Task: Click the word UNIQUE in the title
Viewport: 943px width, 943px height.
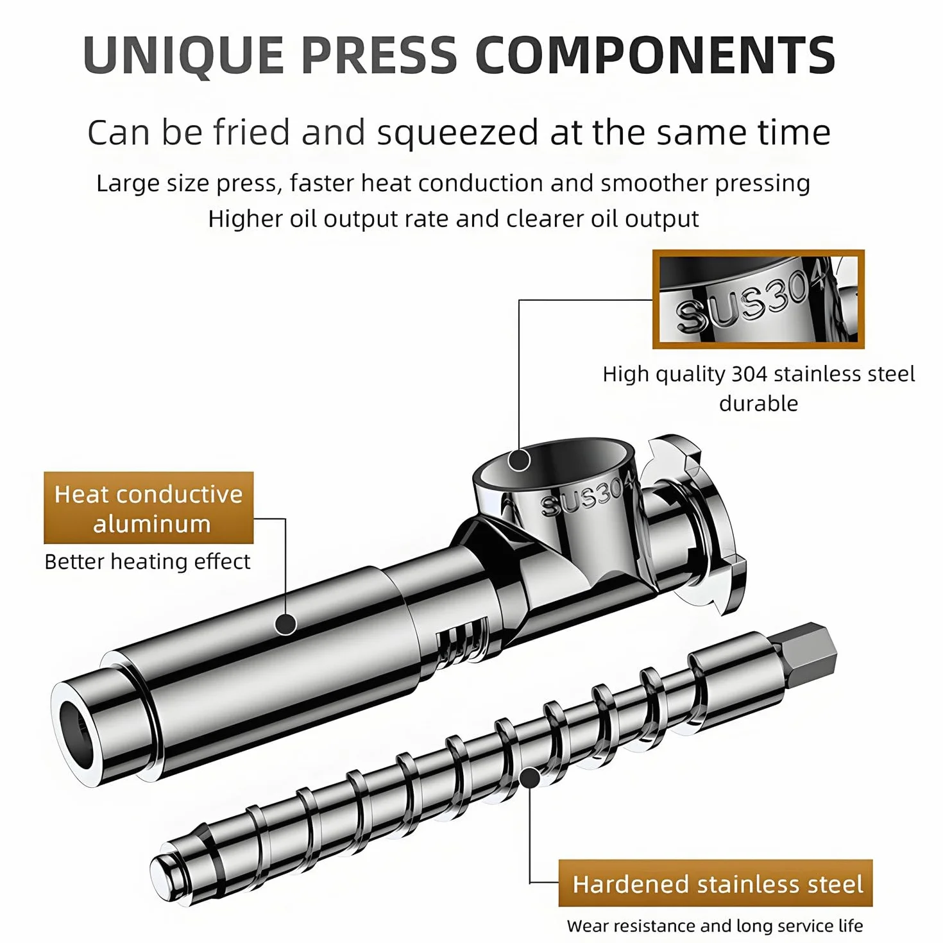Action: tap(183, 55)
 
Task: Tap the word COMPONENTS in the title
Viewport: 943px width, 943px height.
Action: tap(656, 55)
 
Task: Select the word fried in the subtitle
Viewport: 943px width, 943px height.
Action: tap(251, 132)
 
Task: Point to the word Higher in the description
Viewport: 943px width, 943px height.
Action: tap(245, 219)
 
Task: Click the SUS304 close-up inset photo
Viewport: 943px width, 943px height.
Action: tap(758, 300)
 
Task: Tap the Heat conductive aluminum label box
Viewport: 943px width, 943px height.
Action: tap(149, 508)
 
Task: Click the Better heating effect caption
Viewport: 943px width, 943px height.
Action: tap(148, 562)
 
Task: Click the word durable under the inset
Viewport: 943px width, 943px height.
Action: tap(758, 404)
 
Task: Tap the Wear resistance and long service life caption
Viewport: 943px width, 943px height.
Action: tap(715, 926)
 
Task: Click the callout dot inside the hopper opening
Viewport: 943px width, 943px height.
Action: tap(519, 460)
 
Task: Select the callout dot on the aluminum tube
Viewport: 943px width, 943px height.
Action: tap(286, 624)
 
